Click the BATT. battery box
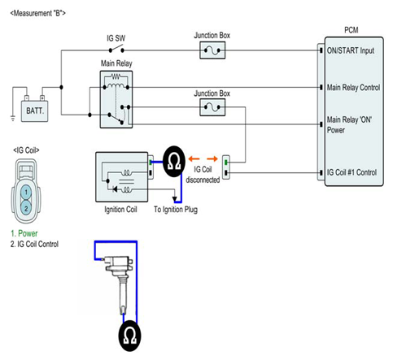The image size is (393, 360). pos(35,111)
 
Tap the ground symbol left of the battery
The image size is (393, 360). pos(13,118)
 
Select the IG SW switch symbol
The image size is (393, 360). pos(116,50)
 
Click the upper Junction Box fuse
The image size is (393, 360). pos(212,50)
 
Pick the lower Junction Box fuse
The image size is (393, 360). pos(212,107)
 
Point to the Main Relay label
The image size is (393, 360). pos(116,63)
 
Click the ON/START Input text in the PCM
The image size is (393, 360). pos(351,50)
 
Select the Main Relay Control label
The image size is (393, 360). pos(353,88)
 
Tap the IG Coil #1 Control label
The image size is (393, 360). pos(352,172)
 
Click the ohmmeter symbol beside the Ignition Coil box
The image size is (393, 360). pos(174,162)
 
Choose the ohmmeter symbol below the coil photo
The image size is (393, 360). pos(129,336)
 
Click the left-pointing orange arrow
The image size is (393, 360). pos(194,158)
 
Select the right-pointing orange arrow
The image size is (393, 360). pos(212,158)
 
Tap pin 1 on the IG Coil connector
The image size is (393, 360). pos(26,193)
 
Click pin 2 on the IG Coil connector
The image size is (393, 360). pos(26,208)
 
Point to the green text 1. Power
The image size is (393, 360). pos(24,233)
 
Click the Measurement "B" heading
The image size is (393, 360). pos(38,13)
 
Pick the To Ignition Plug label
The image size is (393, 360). pos(176,210)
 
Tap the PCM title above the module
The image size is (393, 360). pos(352,30)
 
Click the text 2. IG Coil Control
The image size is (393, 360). pos(34,244)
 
